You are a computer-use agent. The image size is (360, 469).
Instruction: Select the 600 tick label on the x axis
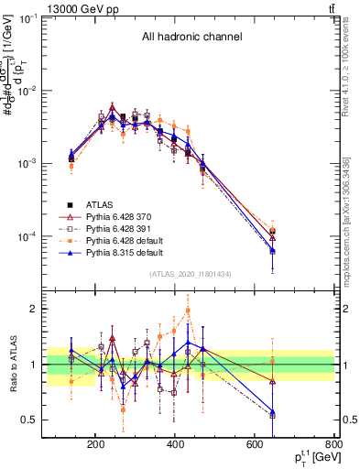(256, 444)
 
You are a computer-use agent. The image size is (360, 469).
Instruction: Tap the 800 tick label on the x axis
(337, 444)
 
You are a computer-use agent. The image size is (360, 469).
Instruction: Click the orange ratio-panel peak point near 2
(188, 310)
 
